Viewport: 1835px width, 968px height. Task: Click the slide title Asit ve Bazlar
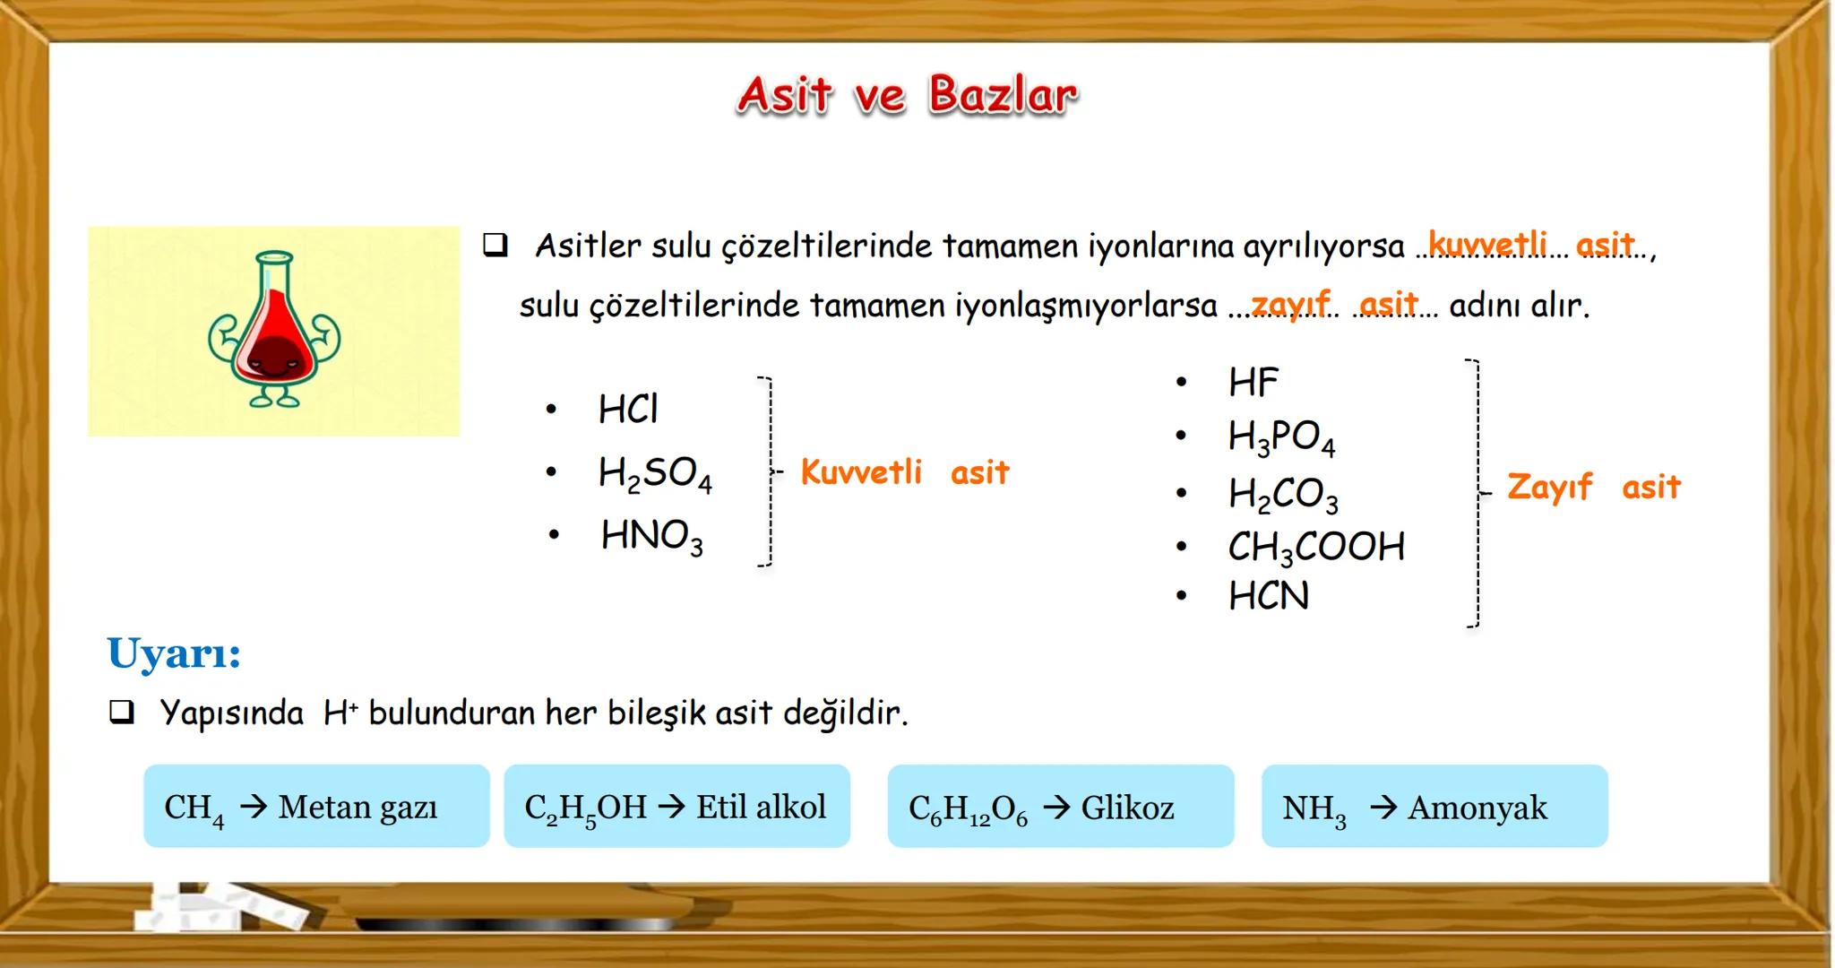click(x=907, y=95)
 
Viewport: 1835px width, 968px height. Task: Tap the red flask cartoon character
click(x=274, y=330)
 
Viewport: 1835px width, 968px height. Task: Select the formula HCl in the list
click(x=627, y=410)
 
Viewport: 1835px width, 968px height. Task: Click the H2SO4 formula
click(x=654, y=473)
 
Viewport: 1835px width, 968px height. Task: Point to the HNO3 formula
click(x=651, y=536)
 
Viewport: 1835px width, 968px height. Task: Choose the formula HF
click(x=1253, y=383)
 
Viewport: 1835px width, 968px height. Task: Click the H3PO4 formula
click(x=1281, y=437)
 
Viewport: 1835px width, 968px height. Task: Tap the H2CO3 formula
click(x=1283, y=494)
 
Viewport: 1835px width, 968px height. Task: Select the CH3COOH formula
click(x=1315, y=547)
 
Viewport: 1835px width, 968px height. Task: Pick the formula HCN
click(x=1268, y=596)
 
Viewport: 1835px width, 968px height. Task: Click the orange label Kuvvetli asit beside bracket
click(x=904, y=472)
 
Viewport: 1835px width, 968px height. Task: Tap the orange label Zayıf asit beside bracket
click(x=1593, y=487)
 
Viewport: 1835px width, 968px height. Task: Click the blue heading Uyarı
click(x=174, y=653)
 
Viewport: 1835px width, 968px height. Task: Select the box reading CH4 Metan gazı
click(x=316, y=807)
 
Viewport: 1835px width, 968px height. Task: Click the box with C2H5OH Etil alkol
click(x=676, y=807)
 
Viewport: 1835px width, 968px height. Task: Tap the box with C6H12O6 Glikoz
click(x=1060, y=807)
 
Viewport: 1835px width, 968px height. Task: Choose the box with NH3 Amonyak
click(x=1434, y=807)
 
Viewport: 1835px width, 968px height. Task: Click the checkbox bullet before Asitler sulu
click(x=495, y=245)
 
